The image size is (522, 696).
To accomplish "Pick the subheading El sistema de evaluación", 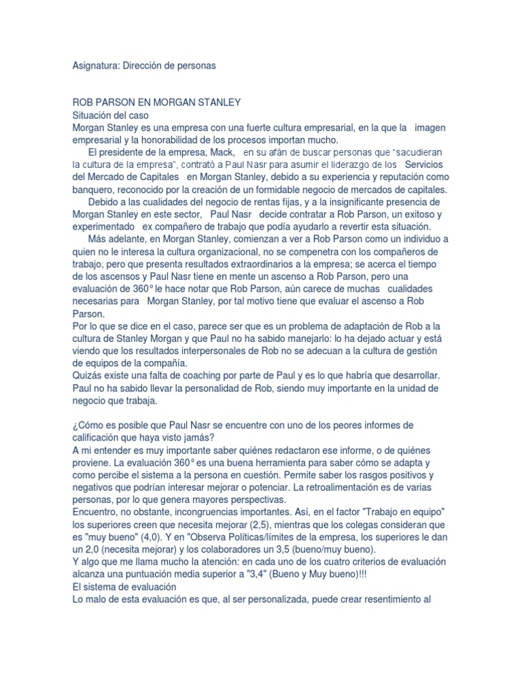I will pos(124,586).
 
